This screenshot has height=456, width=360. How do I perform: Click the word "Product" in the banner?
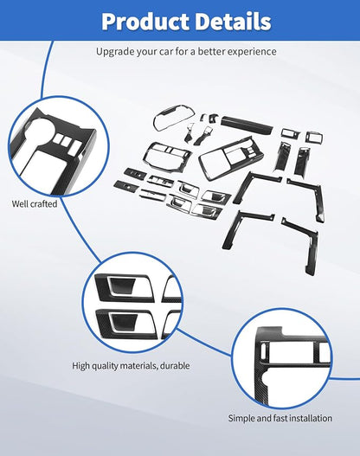coord(145,22)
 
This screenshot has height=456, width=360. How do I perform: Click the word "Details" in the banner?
coord(233,22)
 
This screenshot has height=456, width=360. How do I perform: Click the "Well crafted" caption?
coord(35,204)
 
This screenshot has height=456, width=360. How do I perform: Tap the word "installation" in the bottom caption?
coord(308,418)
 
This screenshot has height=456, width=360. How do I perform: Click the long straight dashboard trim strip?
coord(247,125)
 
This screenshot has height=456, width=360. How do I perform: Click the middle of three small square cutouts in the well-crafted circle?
coord(64,138)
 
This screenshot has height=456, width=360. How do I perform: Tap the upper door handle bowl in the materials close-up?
coord(121,286)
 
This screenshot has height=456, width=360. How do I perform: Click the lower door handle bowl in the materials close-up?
coord(122,322)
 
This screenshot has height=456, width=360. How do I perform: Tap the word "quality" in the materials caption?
coord(106,365)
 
